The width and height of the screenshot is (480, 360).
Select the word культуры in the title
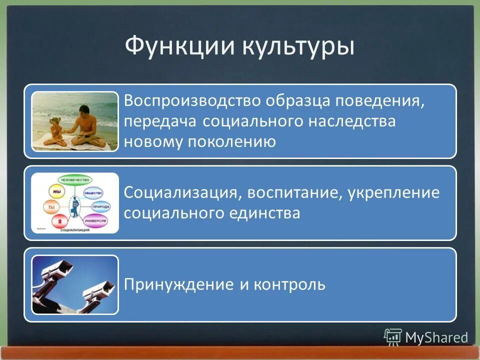(299, 48)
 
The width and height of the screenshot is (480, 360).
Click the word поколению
(231, 142)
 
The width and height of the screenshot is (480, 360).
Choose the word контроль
(289, 285)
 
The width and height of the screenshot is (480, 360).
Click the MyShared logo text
(436, 337)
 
